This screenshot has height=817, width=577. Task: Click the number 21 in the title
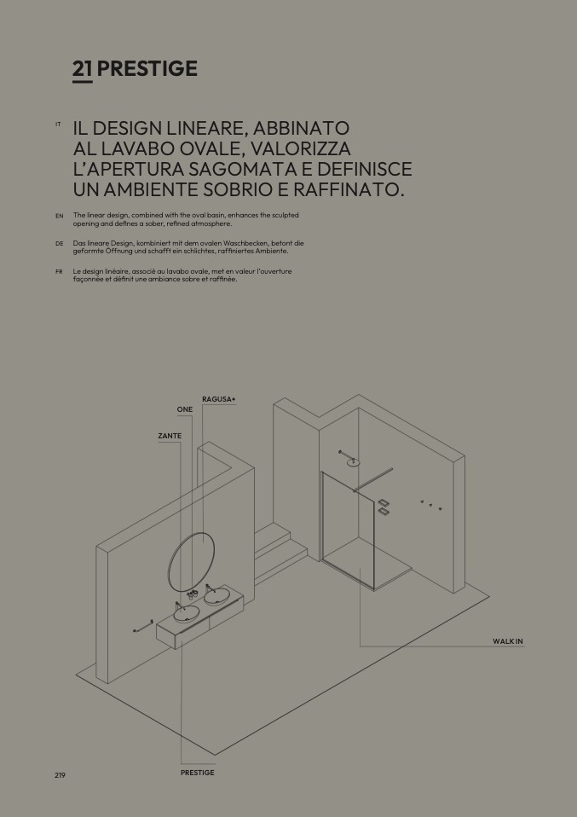(83, 69)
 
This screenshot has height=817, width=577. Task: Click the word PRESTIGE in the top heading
(147, 69)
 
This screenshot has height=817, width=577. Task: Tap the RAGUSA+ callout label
(219, 399)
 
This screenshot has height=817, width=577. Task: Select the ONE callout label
(185, 409)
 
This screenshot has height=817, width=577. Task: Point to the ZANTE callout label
(170, 436)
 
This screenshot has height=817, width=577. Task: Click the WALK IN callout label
(508, 641)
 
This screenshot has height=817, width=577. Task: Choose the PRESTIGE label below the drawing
(198, 773)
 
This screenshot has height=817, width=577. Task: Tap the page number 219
(60, 775)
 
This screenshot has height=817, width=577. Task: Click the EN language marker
(60, 216)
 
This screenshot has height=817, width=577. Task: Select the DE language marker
(60, 243)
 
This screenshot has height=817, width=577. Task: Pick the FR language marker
(59, 271)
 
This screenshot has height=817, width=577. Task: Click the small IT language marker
(58, 124)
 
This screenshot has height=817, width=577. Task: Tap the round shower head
(354, 461)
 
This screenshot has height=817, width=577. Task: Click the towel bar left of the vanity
(142, 625)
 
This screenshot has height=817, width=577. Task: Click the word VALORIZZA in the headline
(301, 148)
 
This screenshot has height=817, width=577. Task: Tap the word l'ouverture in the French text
(273, 271)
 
